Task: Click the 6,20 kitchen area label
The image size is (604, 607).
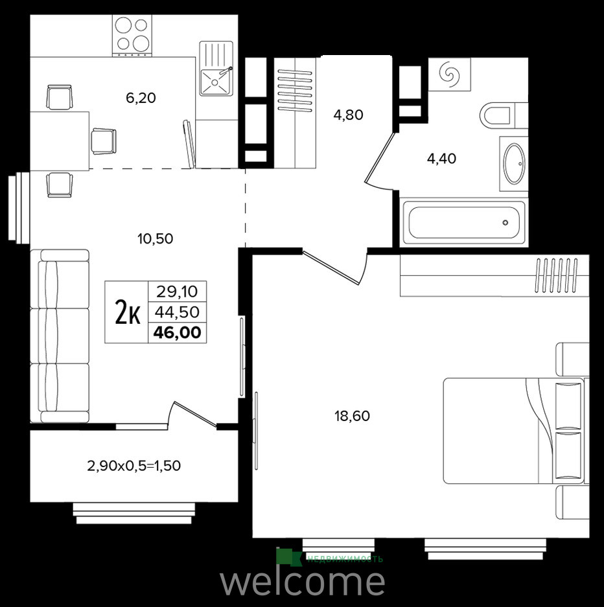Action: (141, 98)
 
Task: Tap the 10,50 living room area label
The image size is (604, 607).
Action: (156, 238)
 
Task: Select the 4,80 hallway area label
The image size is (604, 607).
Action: (348, 115)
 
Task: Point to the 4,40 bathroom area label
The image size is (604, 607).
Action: (441, 158)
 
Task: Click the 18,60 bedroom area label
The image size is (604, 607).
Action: (352, 416)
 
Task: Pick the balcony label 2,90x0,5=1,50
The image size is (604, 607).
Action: (134, 465)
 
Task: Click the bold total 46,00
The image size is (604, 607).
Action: (178, 332)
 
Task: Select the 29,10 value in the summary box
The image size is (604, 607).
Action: (177, 292)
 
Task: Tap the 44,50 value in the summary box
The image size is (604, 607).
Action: (177, 312)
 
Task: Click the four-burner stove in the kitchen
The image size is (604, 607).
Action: (132, 34)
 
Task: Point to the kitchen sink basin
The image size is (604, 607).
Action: (215, 81)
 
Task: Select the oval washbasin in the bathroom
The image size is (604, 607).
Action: (514, 163)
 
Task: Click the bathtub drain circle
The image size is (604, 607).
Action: (505, 223)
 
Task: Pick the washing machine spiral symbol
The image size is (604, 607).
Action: (450, 74)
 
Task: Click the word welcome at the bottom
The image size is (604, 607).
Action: (303, 581)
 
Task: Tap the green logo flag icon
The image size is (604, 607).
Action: (289, 557)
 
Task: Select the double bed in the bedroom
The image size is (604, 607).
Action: (513, 431)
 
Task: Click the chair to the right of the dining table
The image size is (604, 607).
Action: (104, 141)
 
